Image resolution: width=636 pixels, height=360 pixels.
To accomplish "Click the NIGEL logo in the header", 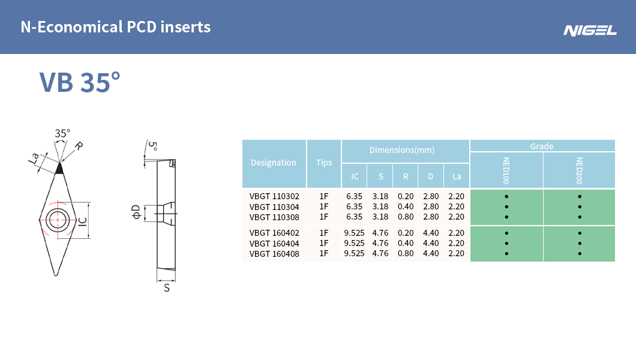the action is pyautogui.click(x=590, y=31).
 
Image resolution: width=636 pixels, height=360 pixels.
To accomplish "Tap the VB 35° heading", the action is pyautogui.click(x=80, y=82).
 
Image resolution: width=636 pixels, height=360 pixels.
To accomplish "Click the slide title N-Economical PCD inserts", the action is pyautogui.click(x=116, y=27).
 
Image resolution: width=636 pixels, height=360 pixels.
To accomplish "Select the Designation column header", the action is pyautogui.click(x=274, y=163).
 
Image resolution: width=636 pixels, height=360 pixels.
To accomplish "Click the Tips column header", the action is pyautogui.click(x=324, y=163).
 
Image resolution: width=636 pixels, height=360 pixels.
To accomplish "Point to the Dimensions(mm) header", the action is pyautogui.click(x=402, y=150).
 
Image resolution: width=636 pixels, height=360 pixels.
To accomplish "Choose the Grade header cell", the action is pyautogui.click(x=542, y=146).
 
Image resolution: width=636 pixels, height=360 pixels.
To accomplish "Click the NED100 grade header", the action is pyautogui.click(x=506, y=170).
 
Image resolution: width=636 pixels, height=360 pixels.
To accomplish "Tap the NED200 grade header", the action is pyautogui.click(x=579, y=170).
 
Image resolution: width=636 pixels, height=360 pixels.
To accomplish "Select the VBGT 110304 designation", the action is pyautogui.click(x=274, y=207).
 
